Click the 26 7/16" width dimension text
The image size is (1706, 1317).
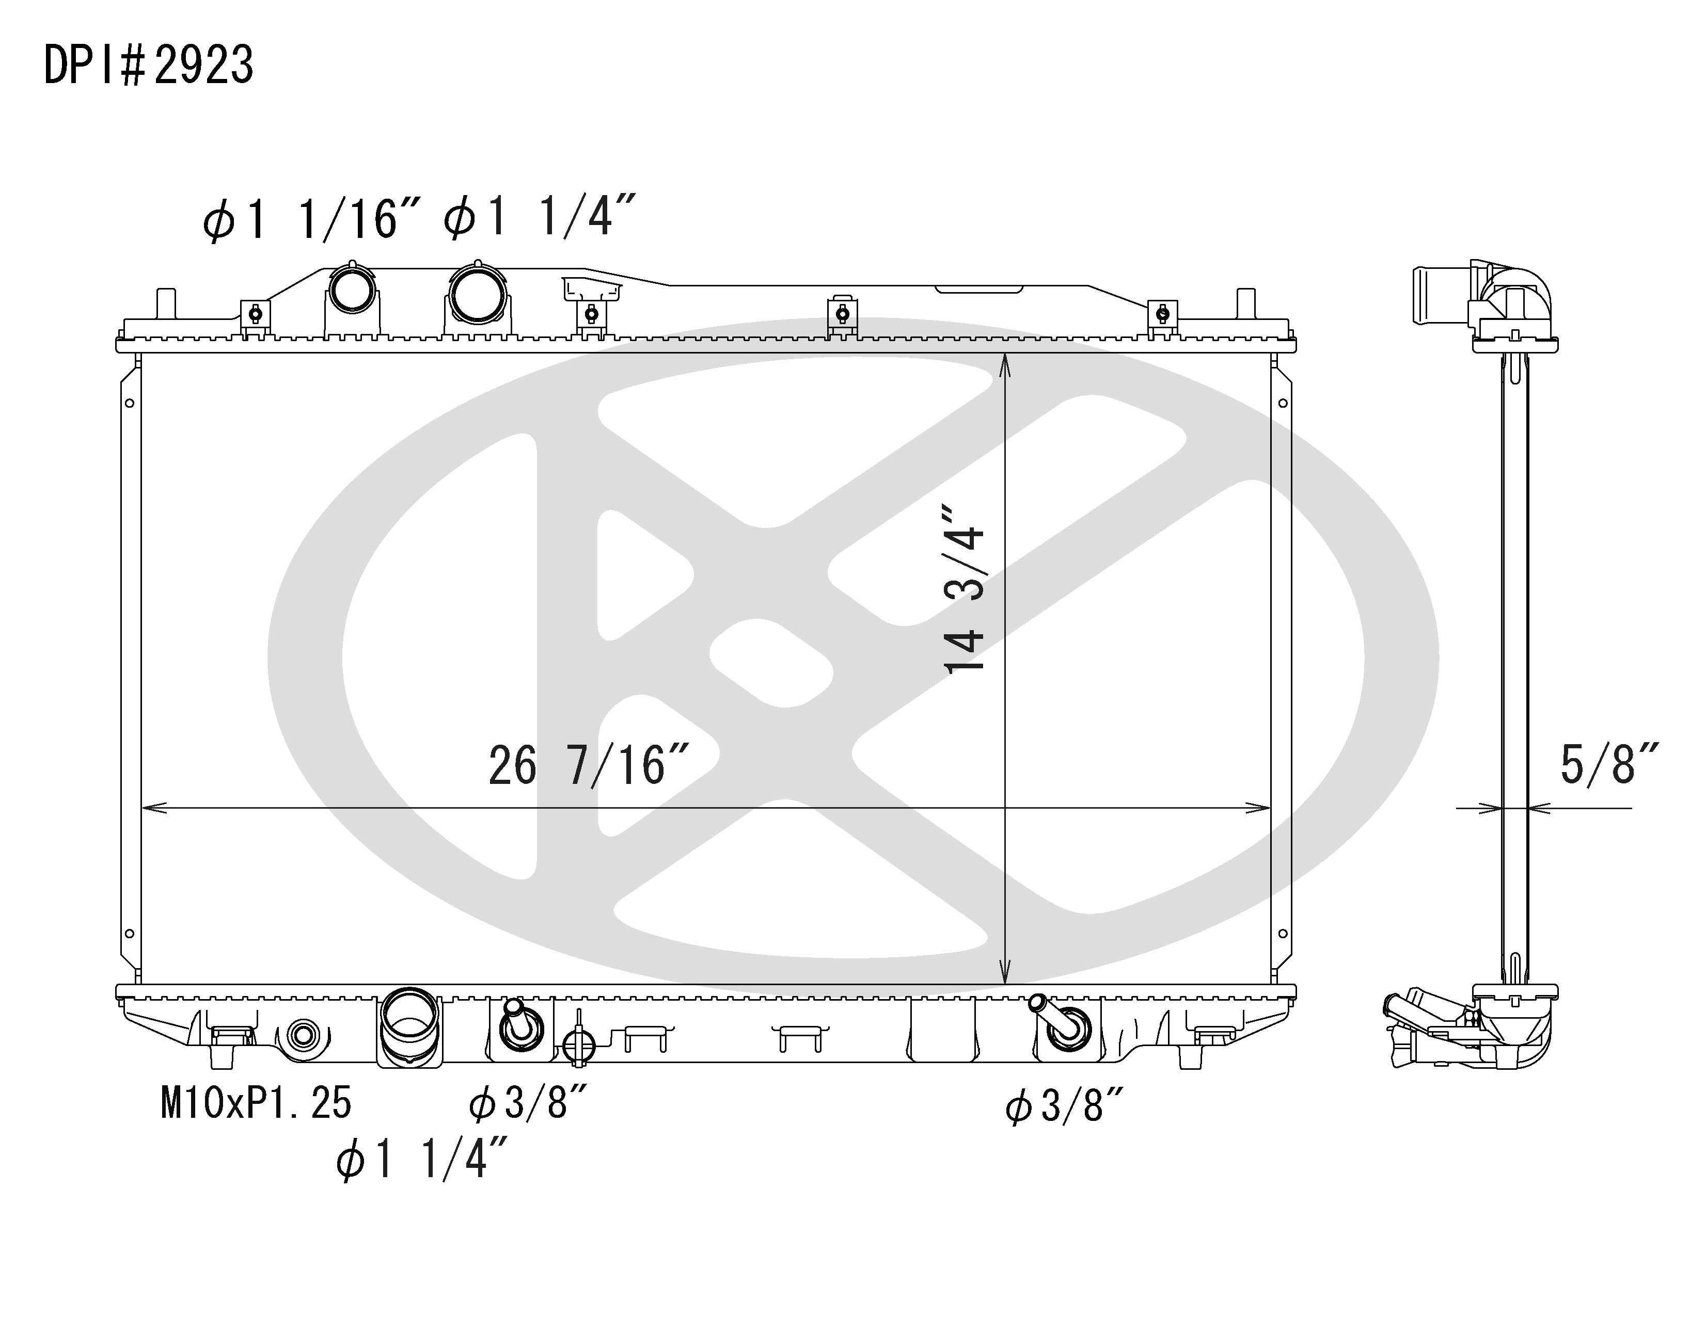(589, 764)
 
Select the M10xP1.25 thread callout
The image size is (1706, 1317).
(256, 1103)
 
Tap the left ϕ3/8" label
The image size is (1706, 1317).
(528, 1103)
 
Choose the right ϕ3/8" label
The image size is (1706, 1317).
(1065, 1106)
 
